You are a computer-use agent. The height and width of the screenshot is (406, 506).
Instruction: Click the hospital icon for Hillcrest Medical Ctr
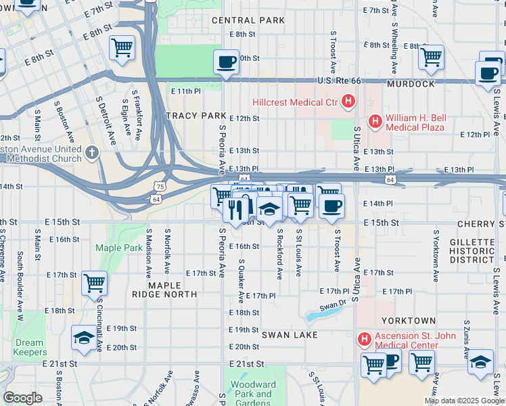[x=348, y=103]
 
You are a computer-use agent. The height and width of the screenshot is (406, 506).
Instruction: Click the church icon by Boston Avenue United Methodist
[x=93, y=154]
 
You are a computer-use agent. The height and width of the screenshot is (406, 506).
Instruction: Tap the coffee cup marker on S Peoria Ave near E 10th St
[x=226, y=62]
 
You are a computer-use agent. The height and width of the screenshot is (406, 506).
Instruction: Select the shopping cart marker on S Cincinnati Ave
[x=94, y=282]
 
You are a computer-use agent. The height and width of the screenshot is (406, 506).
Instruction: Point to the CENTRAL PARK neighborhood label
[x=248, y=20]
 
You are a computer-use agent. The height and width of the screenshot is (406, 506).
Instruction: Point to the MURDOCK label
[x=411, y=84]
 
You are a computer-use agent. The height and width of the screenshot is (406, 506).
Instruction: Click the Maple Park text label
[x=118, y=248]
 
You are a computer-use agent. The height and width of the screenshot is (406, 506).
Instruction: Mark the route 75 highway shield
[x=159, y=186]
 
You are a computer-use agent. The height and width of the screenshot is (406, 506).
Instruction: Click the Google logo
[x=22, y=398]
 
